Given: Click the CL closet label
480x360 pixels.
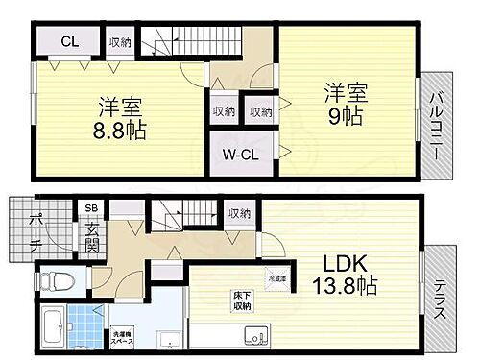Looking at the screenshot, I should click(70, 41).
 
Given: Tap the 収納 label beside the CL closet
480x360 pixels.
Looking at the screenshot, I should click(120, 41).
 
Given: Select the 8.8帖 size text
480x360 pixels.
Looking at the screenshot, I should click(122, 131).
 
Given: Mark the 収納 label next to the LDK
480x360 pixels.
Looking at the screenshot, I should click(239, 214).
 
